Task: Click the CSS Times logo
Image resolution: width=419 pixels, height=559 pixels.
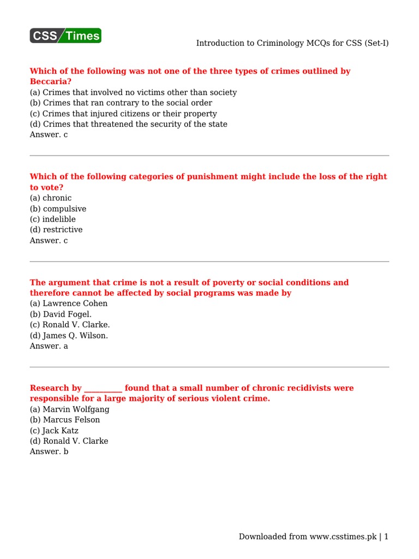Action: pyautogui.click(x=65, y=36)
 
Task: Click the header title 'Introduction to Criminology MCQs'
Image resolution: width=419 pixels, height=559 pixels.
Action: pyautogui.click(x=292, y=43)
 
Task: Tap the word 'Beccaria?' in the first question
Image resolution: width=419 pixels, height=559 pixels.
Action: pyautogui.click(x=51, y=81)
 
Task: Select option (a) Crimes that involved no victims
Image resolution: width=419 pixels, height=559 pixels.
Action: pyautogui.click(x=133, y=92)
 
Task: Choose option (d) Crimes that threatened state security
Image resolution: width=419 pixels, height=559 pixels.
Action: pyautogui.click(x=128, y=124)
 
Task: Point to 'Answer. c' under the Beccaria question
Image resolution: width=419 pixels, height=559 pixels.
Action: pyautogui.click(x=49, y=134)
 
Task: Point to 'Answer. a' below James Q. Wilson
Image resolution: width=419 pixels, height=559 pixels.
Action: pyautogui.click(x=49, y=346)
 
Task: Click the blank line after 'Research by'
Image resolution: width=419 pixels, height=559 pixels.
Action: pyautogui.click(x=103, y=388)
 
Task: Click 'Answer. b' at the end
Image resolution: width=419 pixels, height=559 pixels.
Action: pyautogui.click(x=49, y=451)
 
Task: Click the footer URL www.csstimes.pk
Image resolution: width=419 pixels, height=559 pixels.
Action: pyautogui.click(x=343, y=537)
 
